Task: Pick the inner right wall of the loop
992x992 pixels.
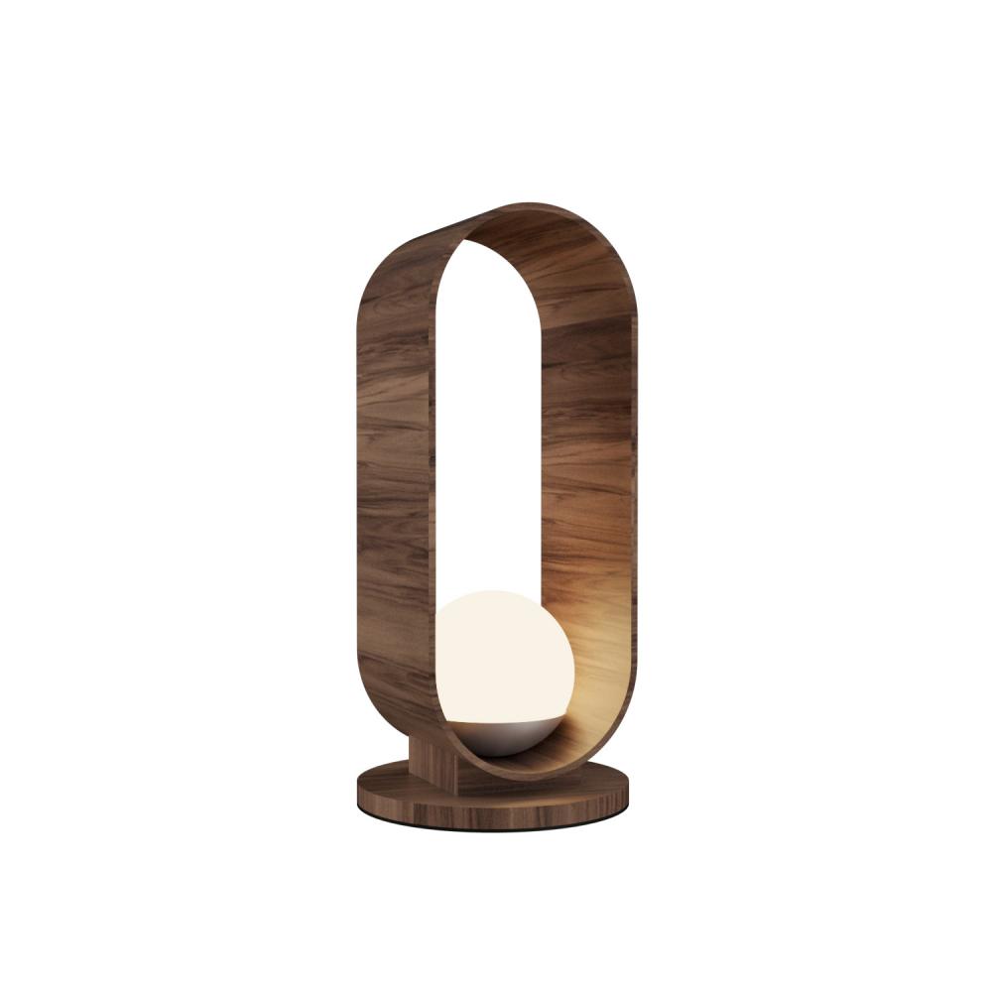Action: pos(585,446)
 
